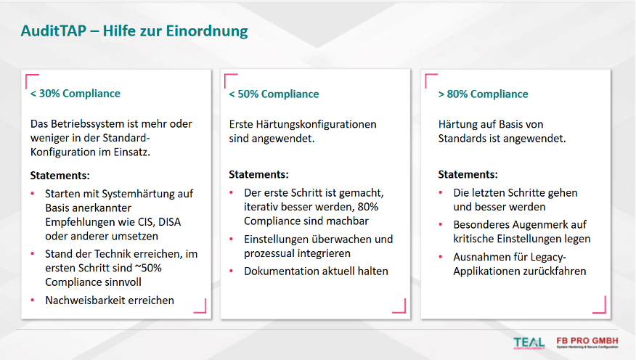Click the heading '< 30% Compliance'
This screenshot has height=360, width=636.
(x=76, y=94)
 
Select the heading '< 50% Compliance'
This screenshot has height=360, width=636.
(x=274, y=94)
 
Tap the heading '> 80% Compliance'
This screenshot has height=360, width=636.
(x=484, y=94)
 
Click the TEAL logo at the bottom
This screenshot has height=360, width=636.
(x=528, y=343)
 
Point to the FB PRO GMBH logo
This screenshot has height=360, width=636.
(x=587, y=342)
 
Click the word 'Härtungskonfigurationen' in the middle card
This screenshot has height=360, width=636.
(x=316, y=124)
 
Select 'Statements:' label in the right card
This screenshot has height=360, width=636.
(x=468, y=175)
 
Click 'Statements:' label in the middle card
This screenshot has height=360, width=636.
(x=258, y=175)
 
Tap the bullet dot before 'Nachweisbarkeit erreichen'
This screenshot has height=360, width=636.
(x=33, y=300)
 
